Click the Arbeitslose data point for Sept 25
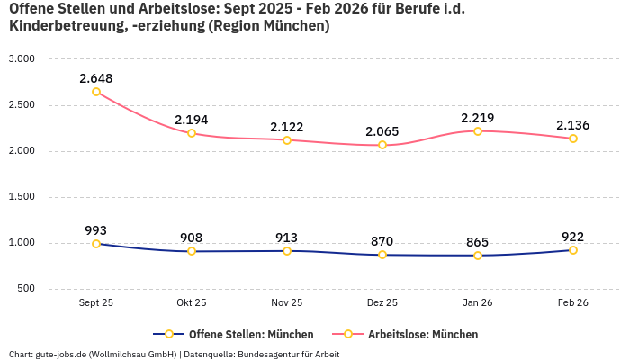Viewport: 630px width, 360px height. point(96,92)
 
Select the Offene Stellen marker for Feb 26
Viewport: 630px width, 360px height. point(573,250)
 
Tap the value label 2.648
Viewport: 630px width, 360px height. point(96,78)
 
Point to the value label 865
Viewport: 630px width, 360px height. point(478,242)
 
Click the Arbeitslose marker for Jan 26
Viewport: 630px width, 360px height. point(478,131)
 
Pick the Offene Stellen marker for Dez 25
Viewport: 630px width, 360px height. point(382,255)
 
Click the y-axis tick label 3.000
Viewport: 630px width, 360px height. point(21,58)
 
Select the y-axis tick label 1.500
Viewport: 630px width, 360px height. point(21,197)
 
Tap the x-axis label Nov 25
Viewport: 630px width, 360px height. point(287,303)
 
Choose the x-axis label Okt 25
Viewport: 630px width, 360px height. point(192,303)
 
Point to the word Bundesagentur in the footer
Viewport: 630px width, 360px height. point(274,354)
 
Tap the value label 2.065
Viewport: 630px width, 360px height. point(382,131)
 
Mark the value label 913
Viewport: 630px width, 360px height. point(287,238)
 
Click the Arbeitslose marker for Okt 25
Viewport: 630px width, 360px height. point(192,133)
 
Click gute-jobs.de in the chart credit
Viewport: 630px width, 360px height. point(60,354)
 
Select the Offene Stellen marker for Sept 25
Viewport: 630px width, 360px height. point(96,244)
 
